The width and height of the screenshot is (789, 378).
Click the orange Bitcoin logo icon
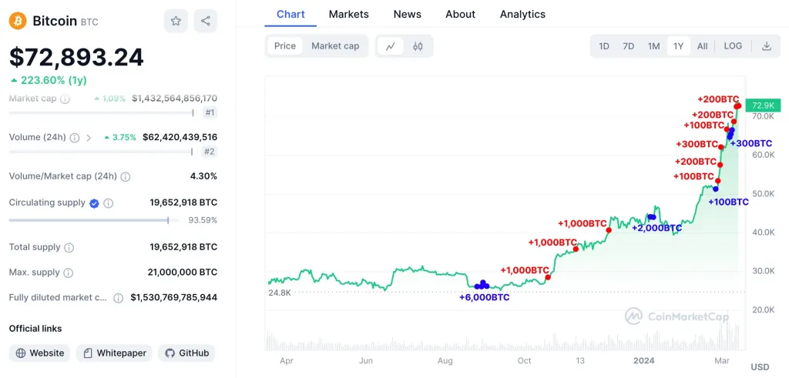click(18, 21)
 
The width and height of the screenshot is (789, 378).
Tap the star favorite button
click(176, 21)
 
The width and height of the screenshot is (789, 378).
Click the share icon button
click(205, 21)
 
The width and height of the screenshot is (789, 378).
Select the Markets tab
click(348, 14)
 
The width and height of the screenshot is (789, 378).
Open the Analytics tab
click(522, 14)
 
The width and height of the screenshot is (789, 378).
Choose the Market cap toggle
click(335, 46)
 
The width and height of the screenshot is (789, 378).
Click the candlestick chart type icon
click(418, 46)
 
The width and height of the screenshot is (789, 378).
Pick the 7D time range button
click(629, 46)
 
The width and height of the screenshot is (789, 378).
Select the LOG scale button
click(733, 46)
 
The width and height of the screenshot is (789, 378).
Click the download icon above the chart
click(767, 46)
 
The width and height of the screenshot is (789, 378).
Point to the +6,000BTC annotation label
click(485, 297)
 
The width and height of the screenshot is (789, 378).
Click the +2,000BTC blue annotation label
click(656, 228)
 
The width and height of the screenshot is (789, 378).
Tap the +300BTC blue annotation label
click(751, 143)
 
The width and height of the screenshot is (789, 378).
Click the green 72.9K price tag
click(763, 105)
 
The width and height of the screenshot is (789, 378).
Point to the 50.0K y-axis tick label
click(764, 193)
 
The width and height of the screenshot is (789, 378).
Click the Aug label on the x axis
click(445, 360)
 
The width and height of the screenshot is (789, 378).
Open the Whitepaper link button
click(114, 353)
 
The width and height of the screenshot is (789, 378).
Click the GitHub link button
click(186, 353)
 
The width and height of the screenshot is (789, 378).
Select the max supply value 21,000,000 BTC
click(182, 273)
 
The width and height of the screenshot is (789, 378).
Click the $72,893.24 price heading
click(76, 57)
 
